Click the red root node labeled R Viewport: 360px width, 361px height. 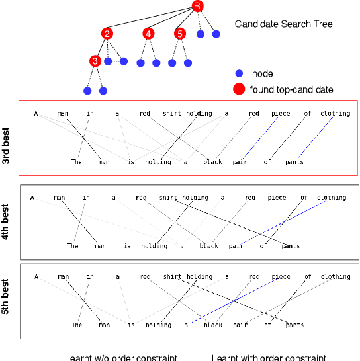point(197,6)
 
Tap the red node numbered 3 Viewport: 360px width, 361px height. point(95,61)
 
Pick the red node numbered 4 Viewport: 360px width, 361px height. point(149,34)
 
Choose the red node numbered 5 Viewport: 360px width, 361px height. point(180,34)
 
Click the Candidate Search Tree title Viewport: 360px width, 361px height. point(283,24)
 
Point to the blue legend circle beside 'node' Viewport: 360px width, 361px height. point(240,74)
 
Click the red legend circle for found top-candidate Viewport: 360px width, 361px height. point(240,89)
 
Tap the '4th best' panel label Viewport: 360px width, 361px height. point(7,221)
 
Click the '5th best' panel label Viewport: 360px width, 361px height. point(7,301)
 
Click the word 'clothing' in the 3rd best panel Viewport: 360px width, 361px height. point(335,114)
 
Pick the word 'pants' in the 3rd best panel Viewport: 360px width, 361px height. point(294,161)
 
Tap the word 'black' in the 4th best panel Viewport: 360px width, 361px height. point(209,246)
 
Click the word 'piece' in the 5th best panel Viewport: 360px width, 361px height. point(281,277)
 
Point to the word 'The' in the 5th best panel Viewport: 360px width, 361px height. point(77,325)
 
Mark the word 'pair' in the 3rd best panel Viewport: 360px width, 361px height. point(240,161)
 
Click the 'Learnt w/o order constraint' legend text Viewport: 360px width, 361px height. point(120,358)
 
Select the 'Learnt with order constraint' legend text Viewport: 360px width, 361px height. point(269,358)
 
